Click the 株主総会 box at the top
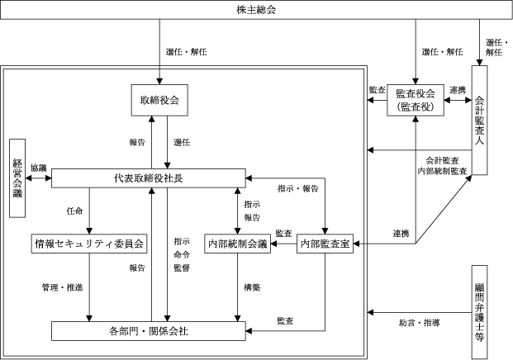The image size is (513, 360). tap(256, 12)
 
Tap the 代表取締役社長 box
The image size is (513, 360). tap(149, 178)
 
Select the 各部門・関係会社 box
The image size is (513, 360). tap(150, 331)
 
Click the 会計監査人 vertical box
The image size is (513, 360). tap(480, 119)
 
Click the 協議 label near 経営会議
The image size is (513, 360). tap(39, 168)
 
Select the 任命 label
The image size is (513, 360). tap(74, 211)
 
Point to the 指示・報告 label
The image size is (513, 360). tap(299, 188)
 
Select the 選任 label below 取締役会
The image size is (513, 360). tap(182, 142)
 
